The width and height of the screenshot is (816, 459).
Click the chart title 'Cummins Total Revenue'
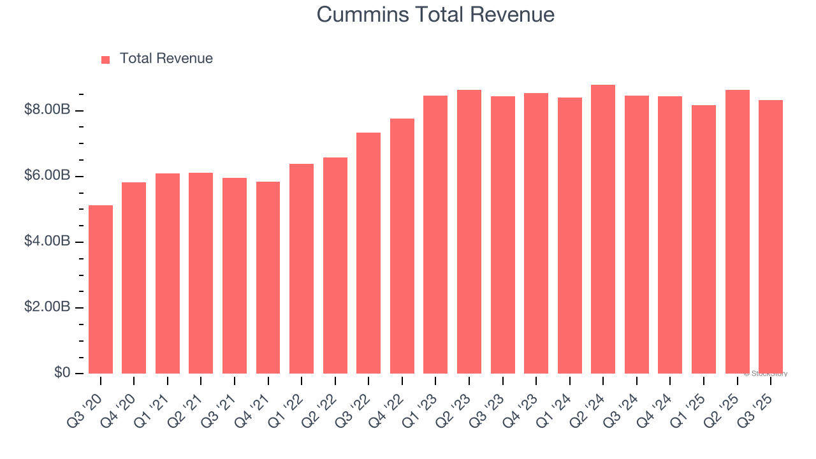pos(435,15)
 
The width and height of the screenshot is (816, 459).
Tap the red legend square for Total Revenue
pos(105,59)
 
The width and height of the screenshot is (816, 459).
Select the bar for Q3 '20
pos(101,289)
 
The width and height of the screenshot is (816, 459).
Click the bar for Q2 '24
pos(603,229)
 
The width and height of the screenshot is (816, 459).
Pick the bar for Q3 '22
pos(368,253)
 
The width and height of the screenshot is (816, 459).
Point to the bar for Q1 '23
pos(435,235)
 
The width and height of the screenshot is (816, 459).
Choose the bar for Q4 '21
pos(268,277)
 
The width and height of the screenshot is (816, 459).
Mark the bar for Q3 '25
pos(771,237)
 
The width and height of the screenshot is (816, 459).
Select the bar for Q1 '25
pos(704,239)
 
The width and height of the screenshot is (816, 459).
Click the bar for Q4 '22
pos(402,246)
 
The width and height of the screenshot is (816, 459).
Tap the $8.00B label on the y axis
pos(47,110)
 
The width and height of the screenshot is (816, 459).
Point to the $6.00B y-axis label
pos(47,176)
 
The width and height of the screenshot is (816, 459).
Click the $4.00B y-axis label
pos(47,242)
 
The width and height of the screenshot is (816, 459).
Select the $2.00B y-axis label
pos(47,307)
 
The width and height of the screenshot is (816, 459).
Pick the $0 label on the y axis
pos(62,373)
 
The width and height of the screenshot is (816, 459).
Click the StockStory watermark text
pos(766,374)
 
